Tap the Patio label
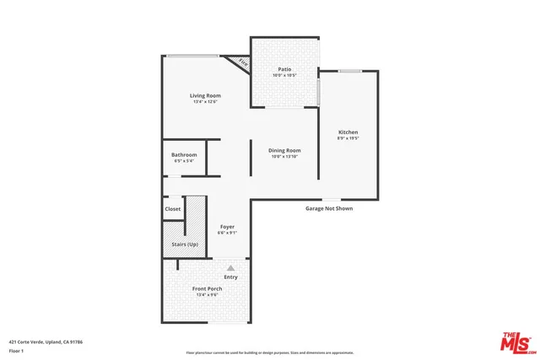[284, 70]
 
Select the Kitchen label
[348, 132]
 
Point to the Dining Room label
[284, 150]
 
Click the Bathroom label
[183, 154]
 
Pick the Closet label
[172, 209]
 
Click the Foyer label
[227, 227]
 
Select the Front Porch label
[207, 288]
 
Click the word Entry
[230, 277]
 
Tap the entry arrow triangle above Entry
[229, 267]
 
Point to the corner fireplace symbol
[243, 63]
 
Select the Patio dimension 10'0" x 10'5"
[284, 76]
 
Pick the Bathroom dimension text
[183, 160]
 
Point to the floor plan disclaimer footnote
[270, 352]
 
